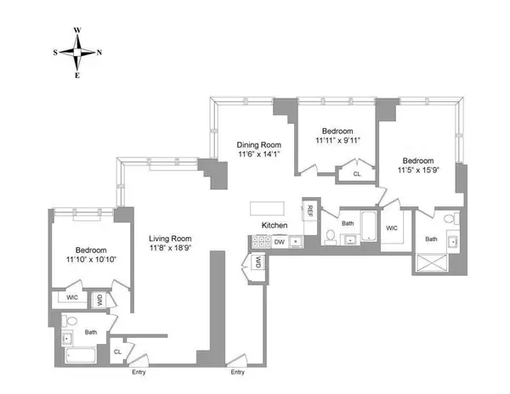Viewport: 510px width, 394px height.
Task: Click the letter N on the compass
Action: pos(100,52)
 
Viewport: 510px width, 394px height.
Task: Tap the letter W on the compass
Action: pos(77,30)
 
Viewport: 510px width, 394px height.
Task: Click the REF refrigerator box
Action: pos(311,211)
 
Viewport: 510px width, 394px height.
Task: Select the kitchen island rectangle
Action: pos(269,208)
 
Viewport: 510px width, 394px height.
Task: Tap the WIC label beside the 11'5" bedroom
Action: pos(392,228)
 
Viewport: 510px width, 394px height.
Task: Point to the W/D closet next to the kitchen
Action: pos(255,263)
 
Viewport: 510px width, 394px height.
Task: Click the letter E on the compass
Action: pos(77,75)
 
